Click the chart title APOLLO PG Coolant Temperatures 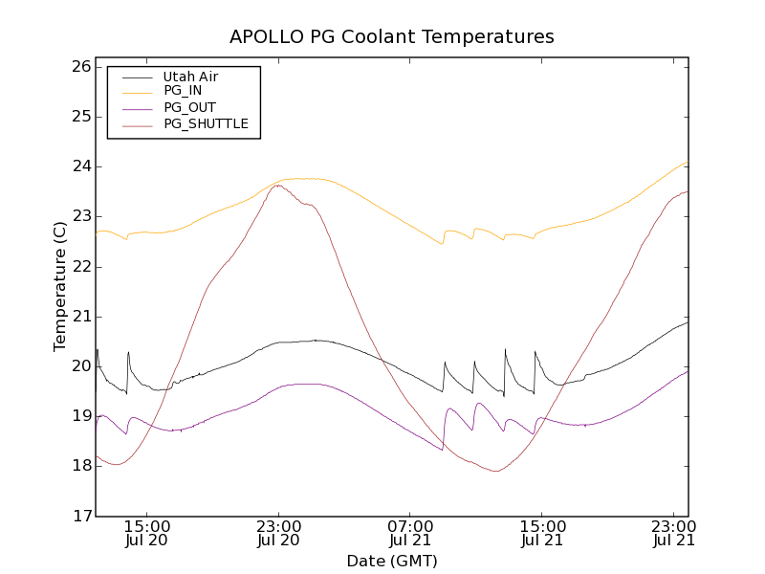click(x=392, y=37)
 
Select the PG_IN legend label click(x=183, y=91)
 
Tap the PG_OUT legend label click(x=189, y=107)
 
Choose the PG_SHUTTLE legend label click(x=206, y=123)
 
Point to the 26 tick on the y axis click(x=79, y=67)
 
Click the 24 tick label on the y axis click(x=79, y=166)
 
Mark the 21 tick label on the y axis click(x=79, y=317)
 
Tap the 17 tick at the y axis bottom click(x=79, y=516)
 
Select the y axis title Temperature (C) click(x=60, y=287)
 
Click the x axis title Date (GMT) click(x=392, y=561)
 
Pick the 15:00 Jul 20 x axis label click(x=147, y=533)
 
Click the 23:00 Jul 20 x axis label click(x=279, y=533)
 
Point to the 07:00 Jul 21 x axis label click(x=410, y=533)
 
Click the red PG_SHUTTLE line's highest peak click(x=277, y=186)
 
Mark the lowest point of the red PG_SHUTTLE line click(x=496, y=471)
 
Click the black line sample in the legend click(x=134, y=77)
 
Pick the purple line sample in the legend click(x=134, y=107)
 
